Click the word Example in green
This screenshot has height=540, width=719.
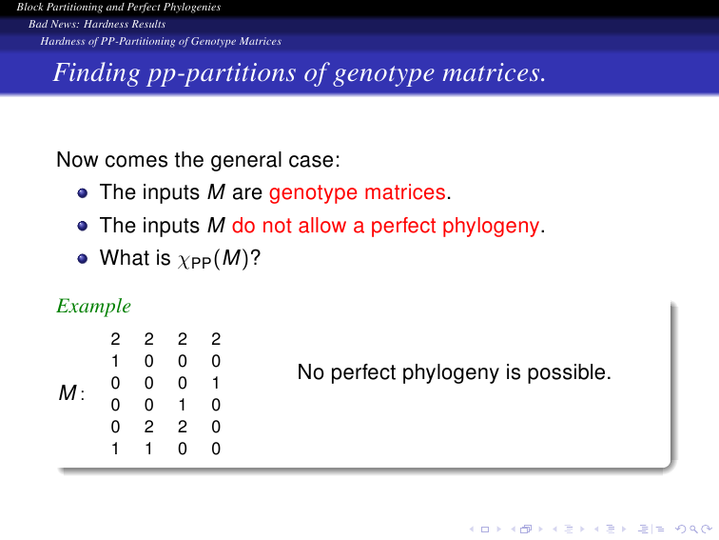[x=93, y=307]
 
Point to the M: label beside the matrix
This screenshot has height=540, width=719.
[x=71, y=393]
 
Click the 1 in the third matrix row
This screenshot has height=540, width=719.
[x=216, y=383]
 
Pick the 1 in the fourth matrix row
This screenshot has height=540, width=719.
[x=182, y=405]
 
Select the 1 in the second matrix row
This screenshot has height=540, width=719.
[x=115, y=361]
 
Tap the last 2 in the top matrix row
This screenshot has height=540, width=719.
[x=216, y=339]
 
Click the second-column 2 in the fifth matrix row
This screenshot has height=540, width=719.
[x=148, y=427]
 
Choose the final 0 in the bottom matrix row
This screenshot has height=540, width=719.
[x=216, y=449]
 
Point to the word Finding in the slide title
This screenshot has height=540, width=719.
[x=96, y=73]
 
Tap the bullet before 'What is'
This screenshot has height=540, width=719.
[x=83, y=259]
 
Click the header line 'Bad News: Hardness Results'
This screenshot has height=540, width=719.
[x=97, y=24]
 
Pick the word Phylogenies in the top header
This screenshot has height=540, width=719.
[x=192, y=8]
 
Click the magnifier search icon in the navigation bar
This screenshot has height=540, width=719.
[x=693, y=530]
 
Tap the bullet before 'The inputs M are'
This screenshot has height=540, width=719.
[x=83, y=193]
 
